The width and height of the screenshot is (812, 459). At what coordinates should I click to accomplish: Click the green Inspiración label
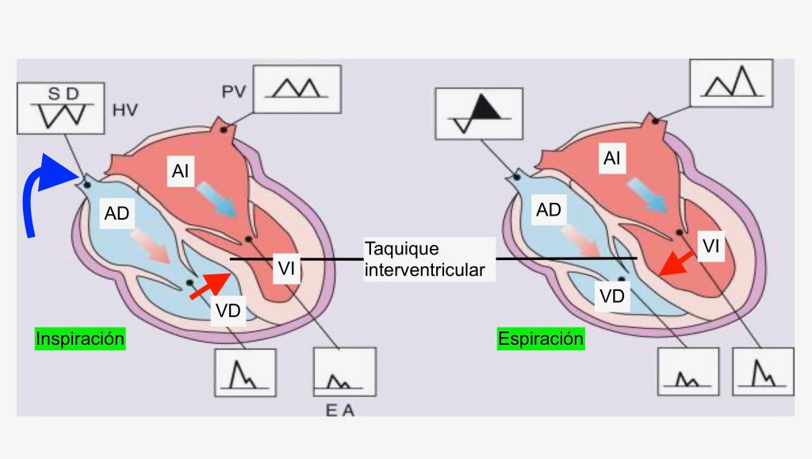tap(80, 339)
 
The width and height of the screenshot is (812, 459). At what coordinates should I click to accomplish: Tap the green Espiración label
tap(541, 339)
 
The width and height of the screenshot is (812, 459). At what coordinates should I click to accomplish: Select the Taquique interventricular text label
tap(425, 259)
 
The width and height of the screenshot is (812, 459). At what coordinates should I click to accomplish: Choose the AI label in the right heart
tap(611, 159)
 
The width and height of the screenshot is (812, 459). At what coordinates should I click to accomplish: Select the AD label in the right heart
tap(549, 210)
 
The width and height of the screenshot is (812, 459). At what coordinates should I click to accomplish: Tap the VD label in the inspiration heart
tap(228, 311)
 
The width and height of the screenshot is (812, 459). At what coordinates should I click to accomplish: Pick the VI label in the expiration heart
tap(711, 247)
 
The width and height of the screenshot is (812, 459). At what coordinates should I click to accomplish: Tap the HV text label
tap(124, 111)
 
